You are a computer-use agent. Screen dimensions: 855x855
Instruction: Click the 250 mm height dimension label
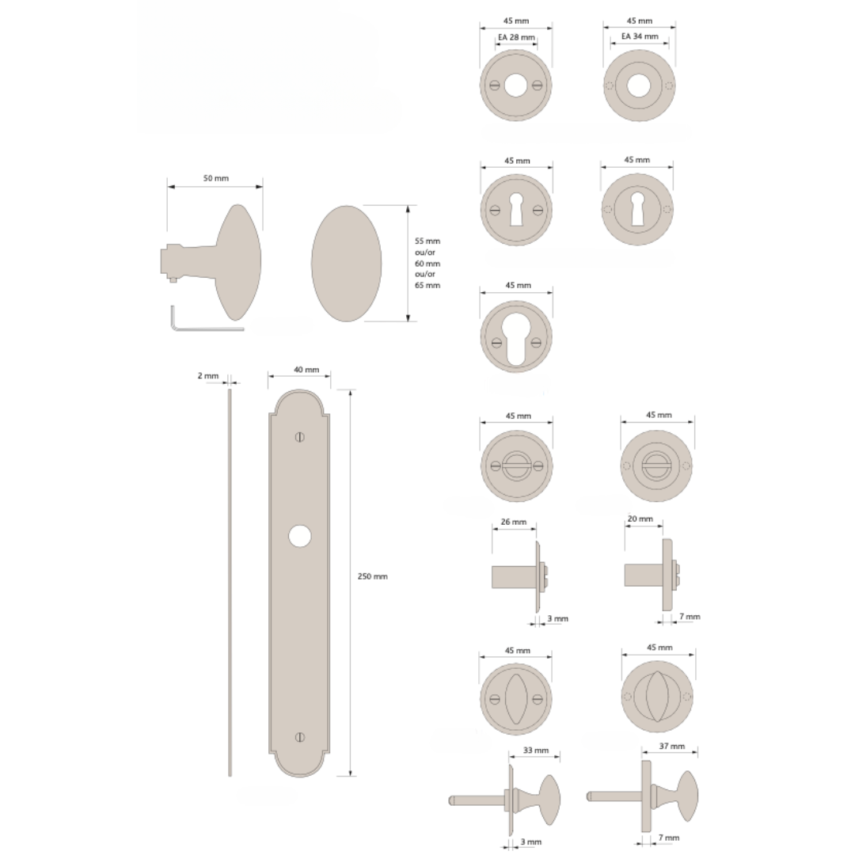[374, 576]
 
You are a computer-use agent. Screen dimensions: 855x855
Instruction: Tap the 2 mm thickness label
[207, 376]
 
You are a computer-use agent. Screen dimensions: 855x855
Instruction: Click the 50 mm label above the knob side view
[215, 179]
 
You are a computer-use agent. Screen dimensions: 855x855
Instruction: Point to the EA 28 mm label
[516, 37]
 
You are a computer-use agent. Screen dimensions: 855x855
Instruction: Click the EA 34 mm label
[640, 36]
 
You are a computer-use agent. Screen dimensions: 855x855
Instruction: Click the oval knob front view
[346, 264]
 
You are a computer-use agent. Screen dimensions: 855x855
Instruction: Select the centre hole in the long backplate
[299, 536]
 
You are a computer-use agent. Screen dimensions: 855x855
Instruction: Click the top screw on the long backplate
[299, 437]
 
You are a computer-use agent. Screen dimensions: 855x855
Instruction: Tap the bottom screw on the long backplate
[299, 737]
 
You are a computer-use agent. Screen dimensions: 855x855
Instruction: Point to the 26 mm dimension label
[514, 522]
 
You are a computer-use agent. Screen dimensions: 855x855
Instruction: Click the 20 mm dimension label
[640, 520]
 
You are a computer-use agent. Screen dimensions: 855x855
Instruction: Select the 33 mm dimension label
[536, 750]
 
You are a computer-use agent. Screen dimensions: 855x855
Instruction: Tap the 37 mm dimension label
[669, 747]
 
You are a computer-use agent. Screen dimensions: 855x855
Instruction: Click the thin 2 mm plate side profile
[230, 582]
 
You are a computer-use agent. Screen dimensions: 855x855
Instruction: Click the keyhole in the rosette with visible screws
[516, 210]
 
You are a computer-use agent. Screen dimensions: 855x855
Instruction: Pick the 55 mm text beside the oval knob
[427, 241]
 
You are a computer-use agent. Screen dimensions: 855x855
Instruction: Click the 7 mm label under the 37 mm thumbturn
[669, 838]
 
